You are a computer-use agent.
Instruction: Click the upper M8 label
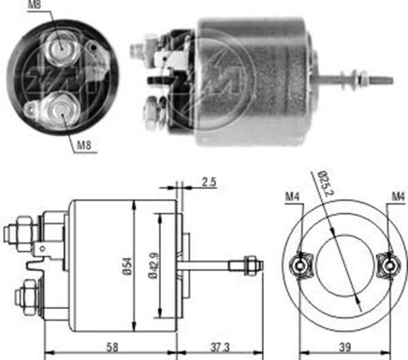(x=33, y=7)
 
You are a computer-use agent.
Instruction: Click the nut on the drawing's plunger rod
(x=251, y=262)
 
